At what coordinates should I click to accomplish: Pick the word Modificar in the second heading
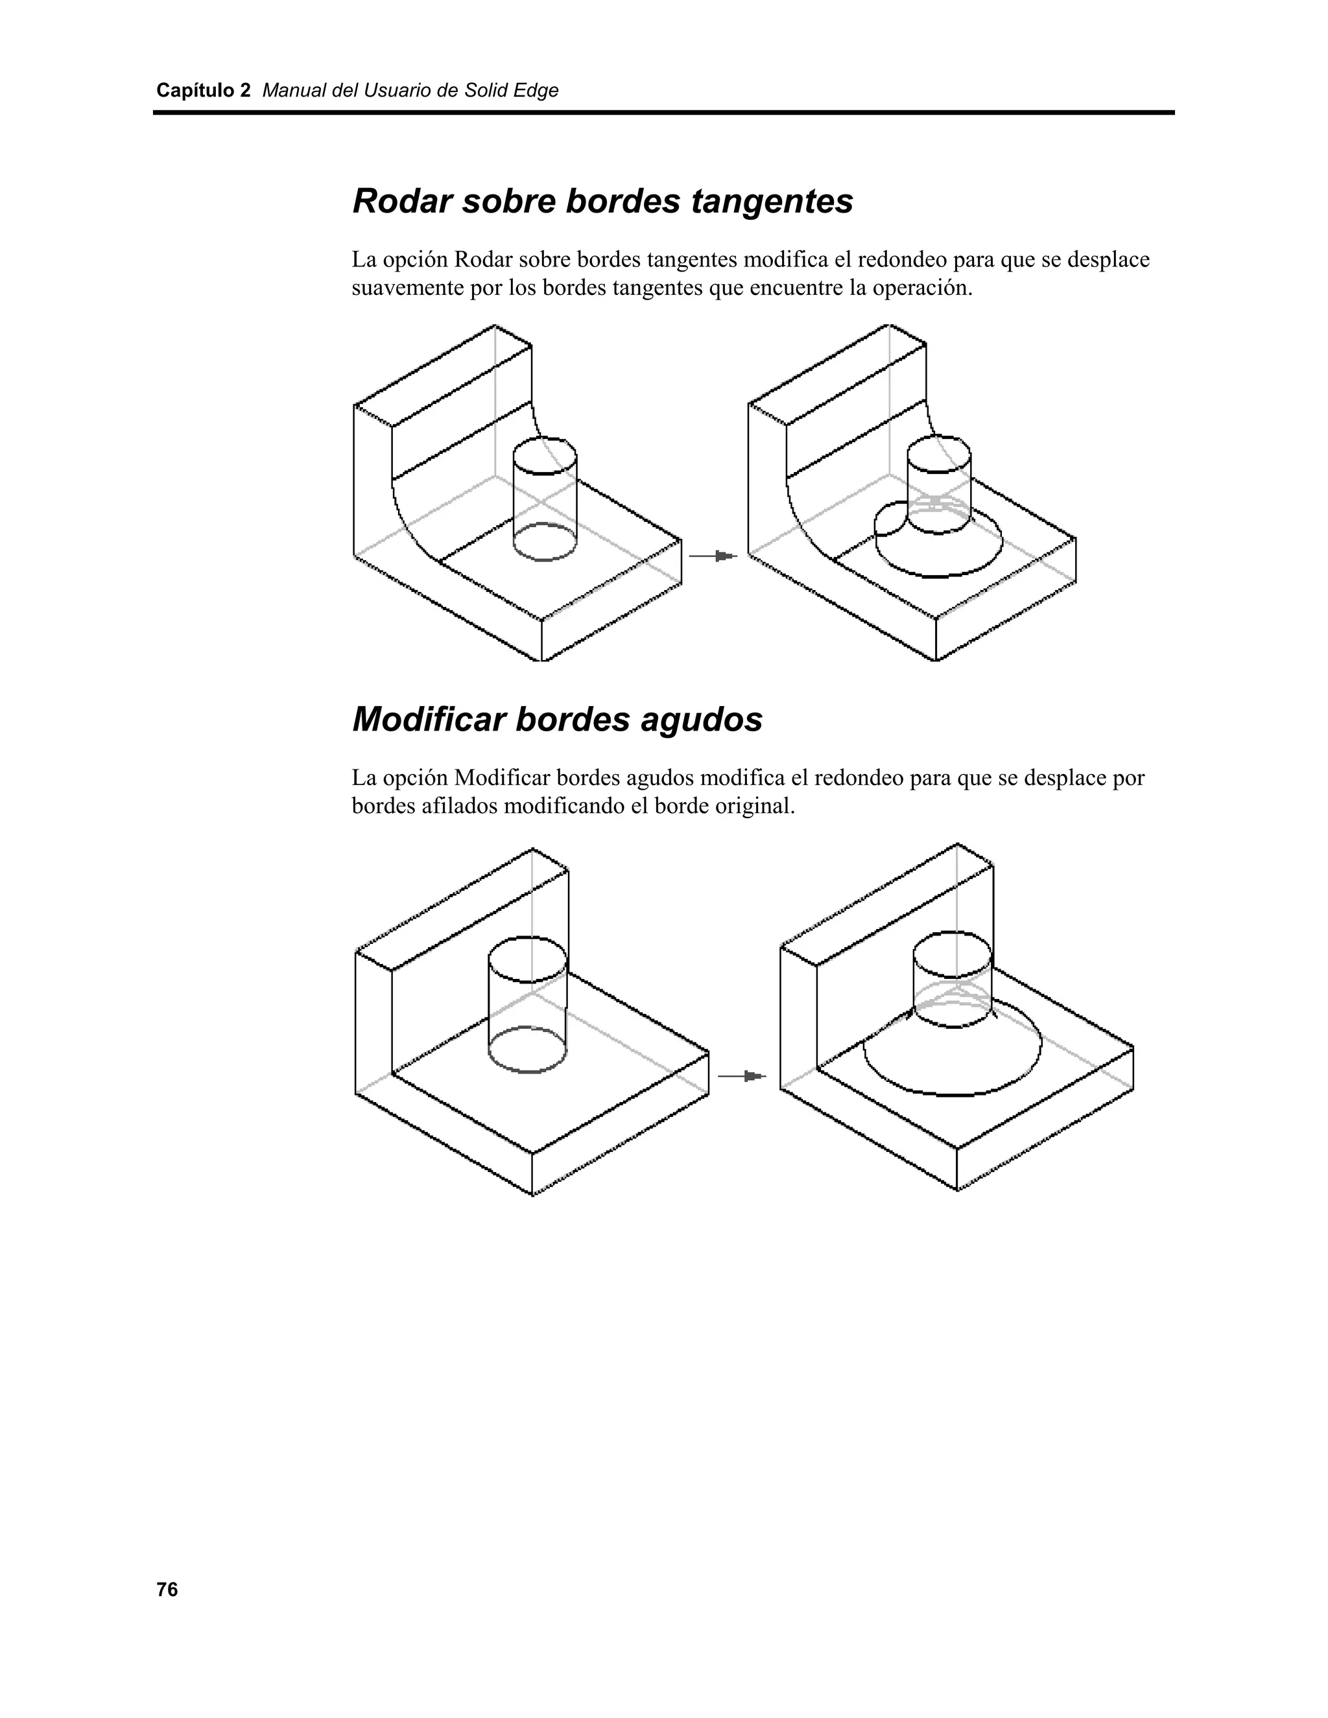coord(428,719)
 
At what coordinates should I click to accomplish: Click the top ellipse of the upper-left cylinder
coord(545,456)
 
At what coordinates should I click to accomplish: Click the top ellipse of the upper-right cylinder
coord(938,454)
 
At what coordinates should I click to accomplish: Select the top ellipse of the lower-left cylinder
coord(527,959)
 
